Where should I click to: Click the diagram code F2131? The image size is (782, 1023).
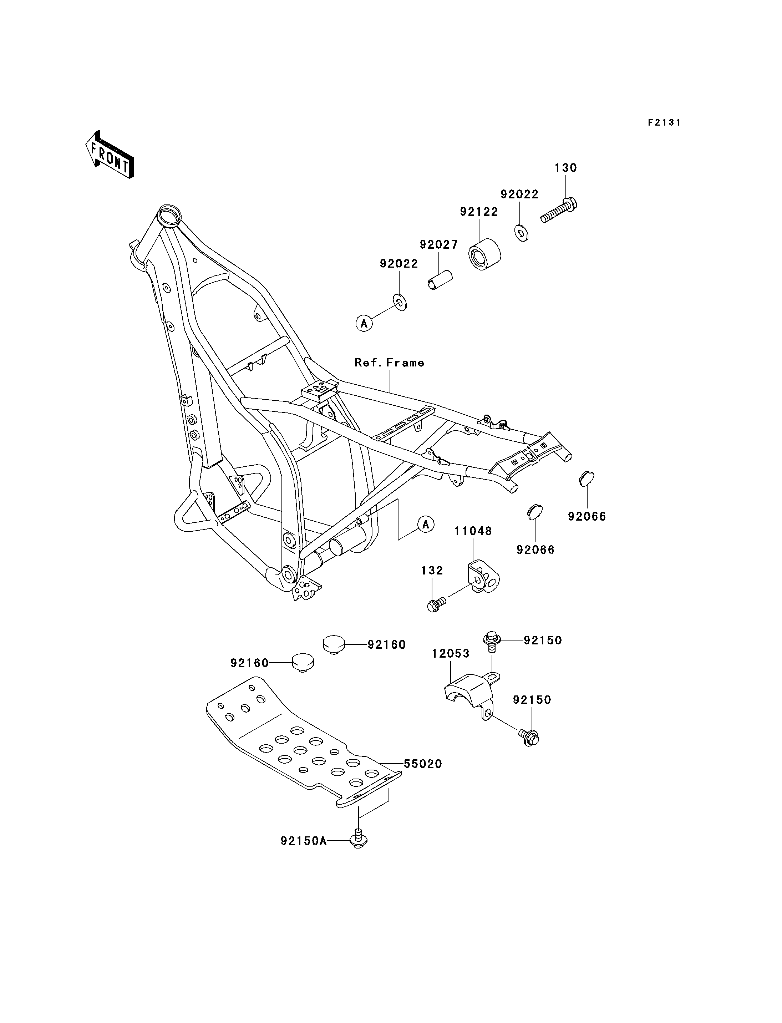pyautogui.click(x=664, y=122)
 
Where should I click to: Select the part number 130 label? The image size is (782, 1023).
pyautogui.click(x=565, y=168)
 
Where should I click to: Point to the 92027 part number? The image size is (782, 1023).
pyautogui.click(x=438, y=244)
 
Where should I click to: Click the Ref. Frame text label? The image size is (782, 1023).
pyautogui.click(x=389, y=363)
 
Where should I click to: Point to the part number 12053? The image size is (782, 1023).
pyautogui.click(x=450, y=654)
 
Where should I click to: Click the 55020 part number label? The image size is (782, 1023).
pyautogui.click(x=423, y=764)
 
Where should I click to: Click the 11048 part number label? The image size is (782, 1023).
pyautogui.click(x=473, y=531)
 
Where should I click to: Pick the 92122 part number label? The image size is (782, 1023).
pyautogui.click(x=479, y=212)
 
